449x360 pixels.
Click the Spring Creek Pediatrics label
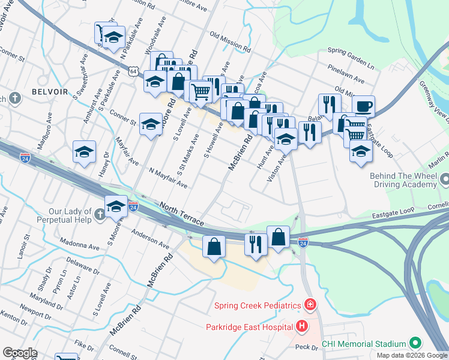[x=258, y=306]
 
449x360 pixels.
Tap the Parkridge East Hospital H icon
[x=301, y=327]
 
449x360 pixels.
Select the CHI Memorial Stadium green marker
[x=415, y=343]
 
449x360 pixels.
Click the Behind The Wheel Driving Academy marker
[x=445, y=179]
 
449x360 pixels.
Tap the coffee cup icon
[x=364, y=107]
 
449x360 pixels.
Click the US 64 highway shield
[x=134, y=71]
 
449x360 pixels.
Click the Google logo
[x=20, y=353]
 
